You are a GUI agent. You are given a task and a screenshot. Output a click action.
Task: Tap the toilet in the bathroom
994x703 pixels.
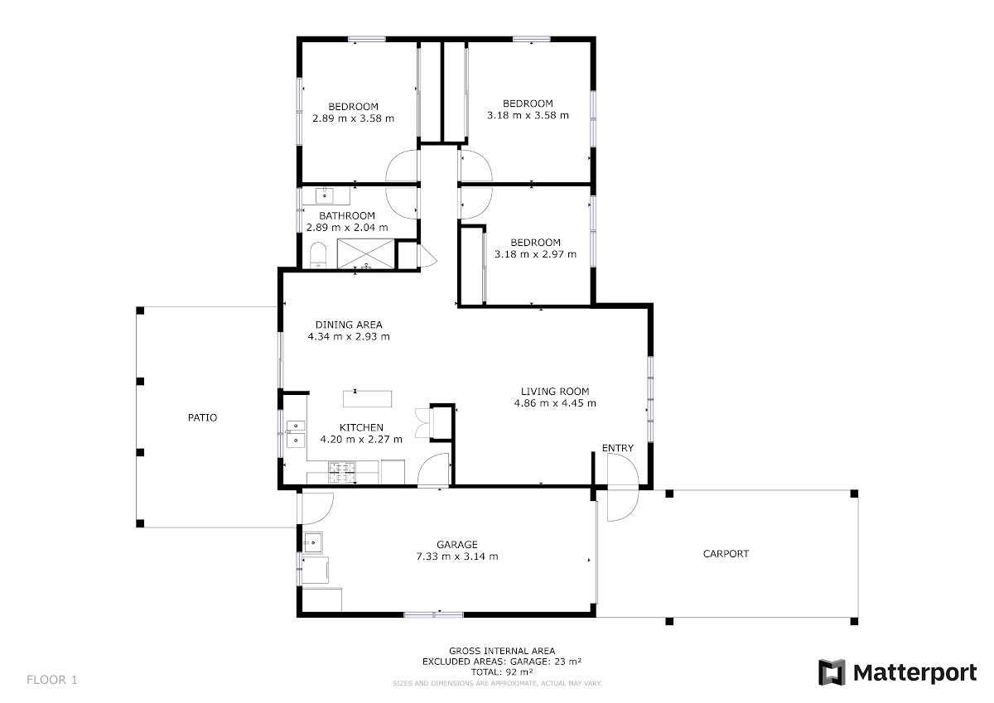[318, 255]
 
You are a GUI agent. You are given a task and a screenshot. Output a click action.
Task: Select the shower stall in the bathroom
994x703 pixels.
[365, 253]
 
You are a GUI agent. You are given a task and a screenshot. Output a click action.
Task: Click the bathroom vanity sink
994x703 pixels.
[325, 195]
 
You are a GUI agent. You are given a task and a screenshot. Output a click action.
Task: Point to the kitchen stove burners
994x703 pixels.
[341, 472]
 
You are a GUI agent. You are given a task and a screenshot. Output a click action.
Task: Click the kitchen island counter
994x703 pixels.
[368, 399]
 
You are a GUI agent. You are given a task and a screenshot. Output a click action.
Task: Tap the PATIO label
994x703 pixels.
[202, 417]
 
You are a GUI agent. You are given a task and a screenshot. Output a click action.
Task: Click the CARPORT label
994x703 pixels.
[726, 553]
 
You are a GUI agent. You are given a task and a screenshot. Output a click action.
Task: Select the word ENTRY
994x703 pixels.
[618, 448]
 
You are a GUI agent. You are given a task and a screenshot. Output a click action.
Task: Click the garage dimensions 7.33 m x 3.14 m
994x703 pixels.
[457, 556]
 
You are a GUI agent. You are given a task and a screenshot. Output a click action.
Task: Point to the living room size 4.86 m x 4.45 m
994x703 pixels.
[555, 403]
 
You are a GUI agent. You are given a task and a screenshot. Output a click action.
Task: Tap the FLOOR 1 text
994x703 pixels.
[52, 680]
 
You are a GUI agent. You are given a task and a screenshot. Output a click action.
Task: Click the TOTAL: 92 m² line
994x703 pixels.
[502, 672]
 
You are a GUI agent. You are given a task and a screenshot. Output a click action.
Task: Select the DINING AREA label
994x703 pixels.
[349, 325]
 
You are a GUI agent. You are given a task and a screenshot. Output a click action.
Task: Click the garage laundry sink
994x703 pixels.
[313, 542]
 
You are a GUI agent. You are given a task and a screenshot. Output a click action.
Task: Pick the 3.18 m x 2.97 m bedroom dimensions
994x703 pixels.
[536, 254]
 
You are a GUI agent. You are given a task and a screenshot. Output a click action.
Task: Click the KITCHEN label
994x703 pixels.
[361, 427]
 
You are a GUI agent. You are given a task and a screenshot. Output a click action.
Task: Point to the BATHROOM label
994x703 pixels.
[347, 215]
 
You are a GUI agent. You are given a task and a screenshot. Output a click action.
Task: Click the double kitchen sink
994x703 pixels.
[296, 433]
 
